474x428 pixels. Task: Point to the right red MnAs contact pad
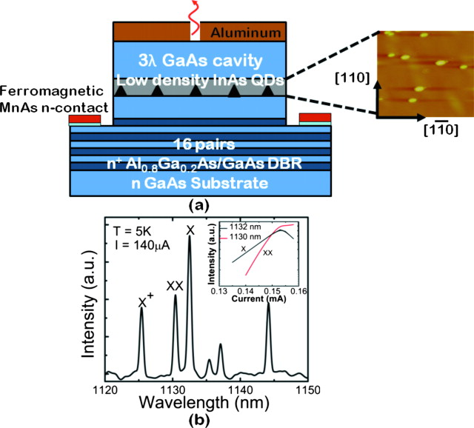coord(312,119)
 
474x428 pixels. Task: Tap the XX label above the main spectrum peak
coord(175,284)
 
